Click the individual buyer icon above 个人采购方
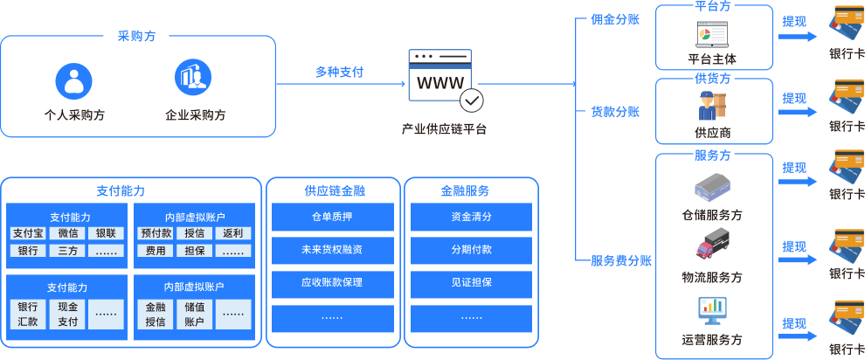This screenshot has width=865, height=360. point(73,80)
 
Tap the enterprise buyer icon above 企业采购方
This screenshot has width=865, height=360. point(193,79)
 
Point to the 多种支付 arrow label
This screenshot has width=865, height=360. point(339,73)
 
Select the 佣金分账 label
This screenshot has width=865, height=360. point(615,19)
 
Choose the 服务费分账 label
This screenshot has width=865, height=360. point(621,260)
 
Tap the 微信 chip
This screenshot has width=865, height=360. point(68,233)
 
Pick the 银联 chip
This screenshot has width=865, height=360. point(107,233)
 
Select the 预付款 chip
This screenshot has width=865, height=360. point(155,233)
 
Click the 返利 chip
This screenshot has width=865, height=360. point(232,233)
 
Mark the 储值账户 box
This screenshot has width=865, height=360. point(194,315)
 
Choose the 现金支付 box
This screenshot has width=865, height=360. point(68,315)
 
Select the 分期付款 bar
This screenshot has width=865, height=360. point(471,250)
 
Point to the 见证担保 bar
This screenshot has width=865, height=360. point(471,282)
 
